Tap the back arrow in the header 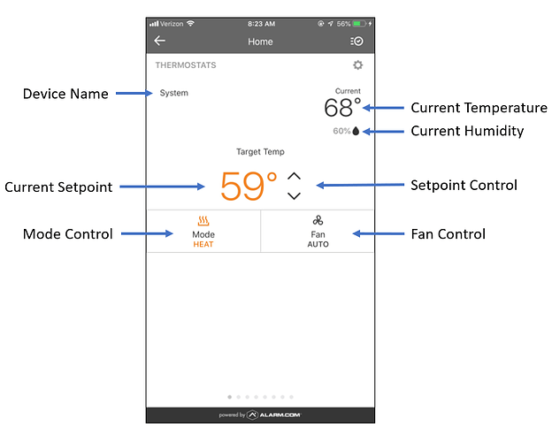159,41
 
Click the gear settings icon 357,65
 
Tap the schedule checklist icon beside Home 356,42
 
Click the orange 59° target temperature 249,187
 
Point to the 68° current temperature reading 342,107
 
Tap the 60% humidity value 341,131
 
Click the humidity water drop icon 356,131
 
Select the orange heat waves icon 203,221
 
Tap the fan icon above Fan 318,221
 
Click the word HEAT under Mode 203,244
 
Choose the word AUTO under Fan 318,244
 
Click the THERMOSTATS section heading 186,65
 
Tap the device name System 174,93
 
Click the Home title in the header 260,42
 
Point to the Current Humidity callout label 467,131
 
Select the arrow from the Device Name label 134,93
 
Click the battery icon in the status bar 359,24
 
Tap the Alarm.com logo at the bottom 274,415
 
